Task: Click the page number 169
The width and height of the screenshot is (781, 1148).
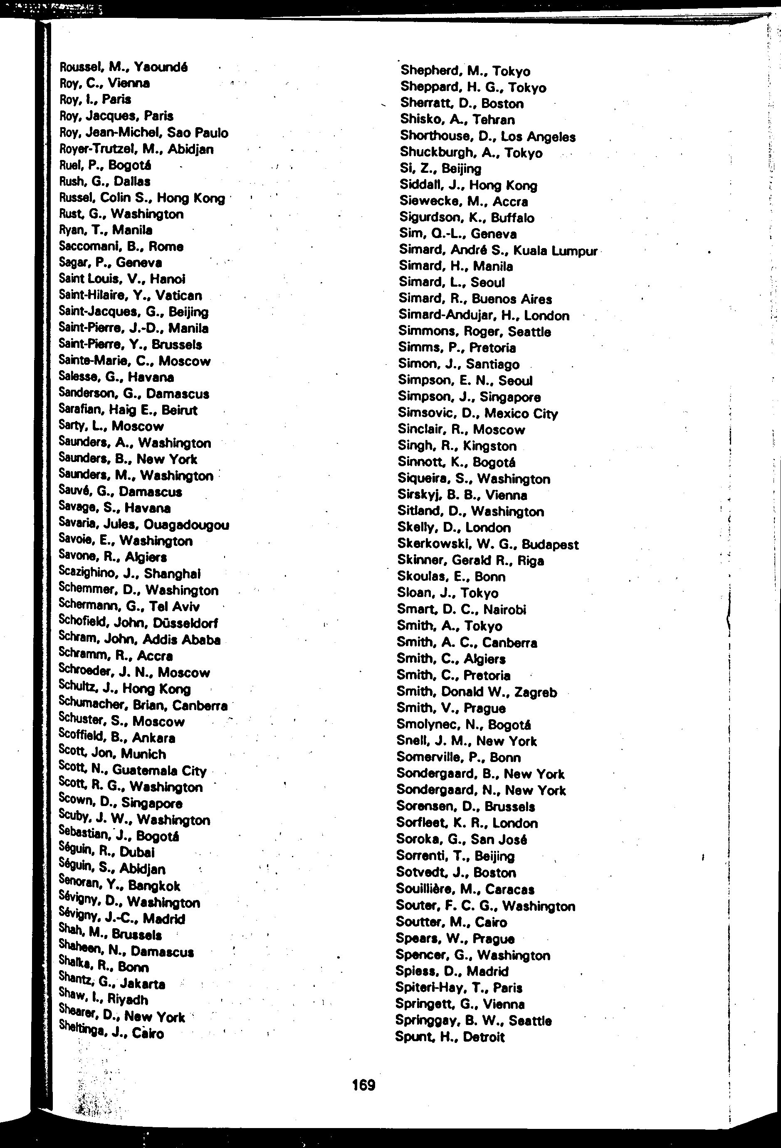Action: (364, 1085)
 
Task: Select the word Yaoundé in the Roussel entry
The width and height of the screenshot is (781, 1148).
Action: (161, 67)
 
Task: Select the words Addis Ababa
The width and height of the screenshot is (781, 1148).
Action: (181, 640)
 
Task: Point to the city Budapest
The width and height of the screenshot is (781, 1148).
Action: (550, 544)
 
